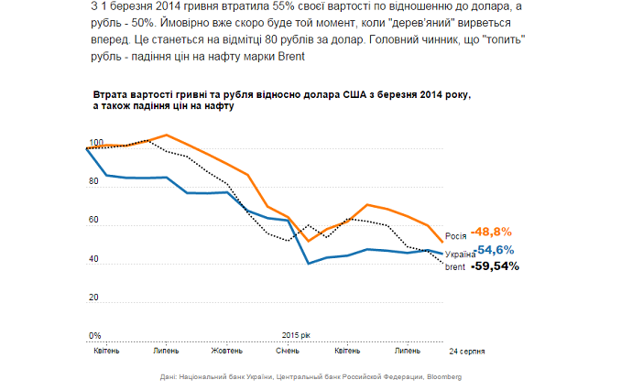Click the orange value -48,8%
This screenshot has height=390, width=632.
(491, 232)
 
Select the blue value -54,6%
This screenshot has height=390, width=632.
(495, 249)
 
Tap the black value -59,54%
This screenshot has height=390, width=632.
(495, 266)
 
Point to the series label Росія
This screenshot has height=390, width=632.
(456, 234)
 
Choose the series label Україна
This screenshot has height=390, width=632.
(460, 254)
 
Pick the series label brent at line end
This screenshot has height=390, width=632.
(456, 267)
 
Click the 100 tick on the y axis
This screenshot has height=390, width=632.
(94, 142)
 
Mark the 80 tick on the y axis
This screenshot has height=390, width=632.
(93, 181)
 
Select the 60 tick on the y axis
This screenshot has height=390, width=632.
(93, 221)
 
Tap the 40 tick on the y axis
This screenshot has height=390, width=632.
(93, 259)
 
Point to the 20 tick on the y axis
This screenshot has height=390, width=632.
(93, 298)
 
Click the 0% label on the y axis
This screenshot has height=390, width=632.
(93, 335)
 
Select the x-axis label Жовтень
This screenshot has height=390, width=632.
(226, 351)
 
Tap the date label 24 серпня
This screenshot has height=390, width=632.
(466, 351)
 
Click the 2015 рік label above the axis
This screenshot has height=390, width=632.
(297, 335)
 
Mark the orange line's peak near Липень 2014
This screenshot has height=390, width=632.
(166, 135)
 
